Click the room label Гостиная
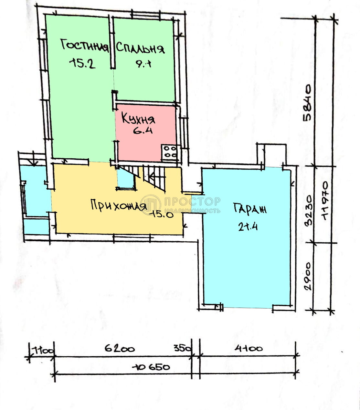click(x=84, y=46)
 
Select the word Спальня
click(x=140, y=48)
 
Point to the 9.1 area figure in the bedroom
click(x=143, y=64)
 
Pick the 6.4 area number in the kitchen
click(x=143, y=130)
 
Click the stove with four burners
click(x=169, y=152)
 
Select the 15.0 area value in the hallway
click(x=163, y=214)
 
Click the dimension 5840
click(x=307, y=103)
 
